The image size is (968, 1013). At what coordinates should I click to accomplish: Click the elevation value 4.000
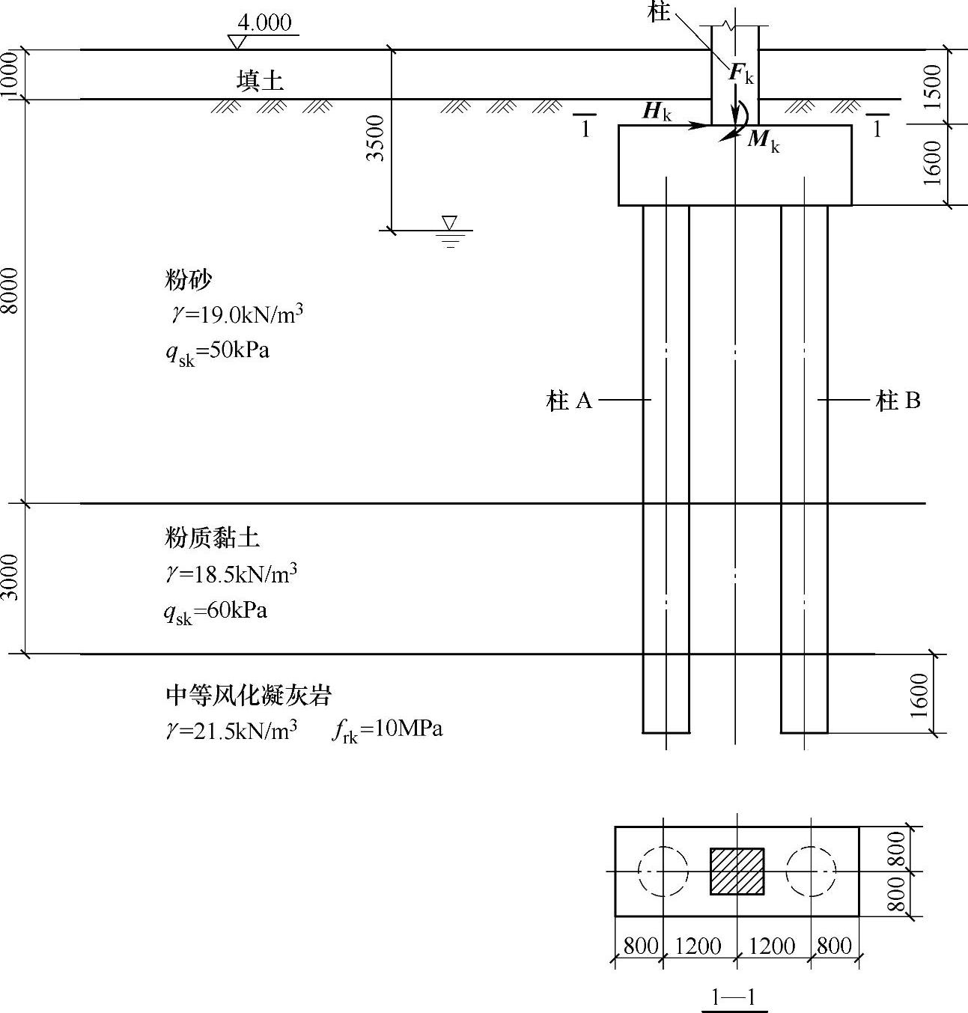267,22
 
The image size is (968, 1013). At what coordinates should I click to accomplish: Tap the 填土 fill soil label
260,80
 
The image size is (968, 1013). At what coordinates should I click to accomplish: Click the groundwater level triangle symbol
449,222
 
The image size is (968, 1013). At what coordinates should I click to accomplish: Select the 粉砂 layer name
189,280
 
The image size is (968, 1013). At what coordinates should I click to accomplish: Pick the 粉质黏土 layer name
213,537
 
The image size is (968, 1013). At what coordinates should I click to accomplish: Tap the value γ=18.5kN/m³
231,574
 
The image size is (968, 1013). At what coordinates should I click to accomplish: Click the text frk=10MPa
387,729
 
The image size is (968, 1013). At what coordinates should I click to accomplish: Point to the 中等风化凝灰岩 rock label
248,696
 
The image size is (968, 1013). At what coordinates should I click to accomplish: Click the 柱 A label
570,401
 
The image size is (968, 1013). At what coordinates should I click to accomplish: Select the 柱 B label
898,401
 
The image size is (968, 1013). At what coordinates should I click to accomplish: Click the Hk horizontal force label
657,112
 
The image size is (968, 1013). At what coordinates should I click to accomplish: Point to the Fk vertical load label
741,73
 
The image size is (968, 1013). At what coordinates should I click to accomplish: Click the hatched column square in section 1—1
737,871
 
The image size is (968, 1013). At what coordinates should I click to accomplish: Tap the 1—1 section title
734,997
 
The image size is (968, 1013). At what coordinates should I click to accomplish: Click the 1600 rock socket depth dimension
920,694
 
